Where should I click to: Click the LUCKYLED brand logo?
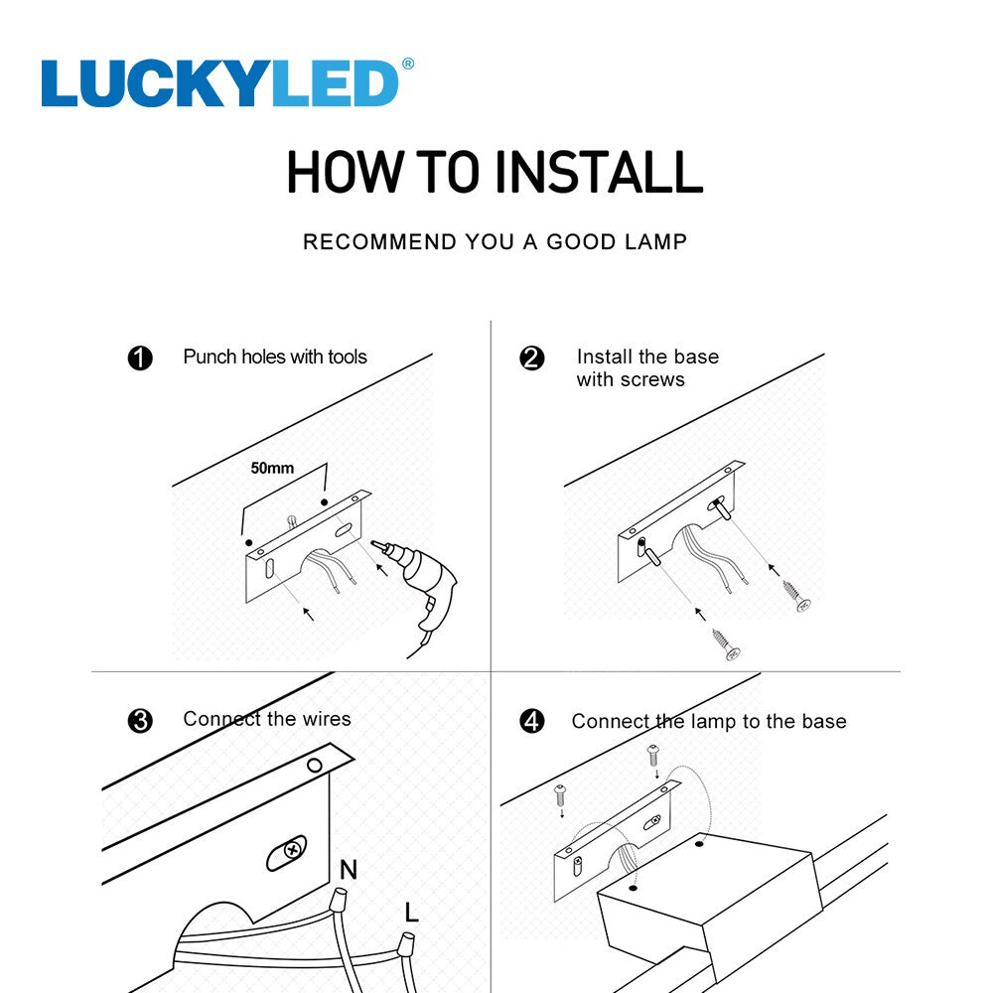tap(220, 83)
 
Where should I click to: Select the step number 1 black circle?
tap(140, 358)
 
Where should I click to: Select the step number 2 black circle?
tap(532, 358)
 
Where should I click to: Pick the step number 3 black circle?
tap(140, 721)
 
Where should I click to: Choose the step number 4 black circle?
tap(532, 721)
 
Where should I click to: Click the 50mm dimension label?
tap(272, 468)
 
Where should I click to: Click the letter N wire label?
tap(349, 870)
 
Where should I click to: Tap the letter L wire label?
tap(412, 912)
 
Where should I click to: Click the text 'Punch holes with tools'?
tap(275, 356)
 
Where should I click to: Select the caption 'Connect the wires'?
tap(267, 719)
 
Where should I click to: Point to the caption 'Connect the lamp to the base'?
tap(709, 722)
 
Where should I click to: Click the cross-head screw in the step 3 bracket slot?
tap(289, 851)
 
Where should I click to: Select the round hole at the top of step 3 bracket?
tap(315, 765)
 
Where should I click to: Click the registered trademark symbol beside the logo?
tap(407, 65)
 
